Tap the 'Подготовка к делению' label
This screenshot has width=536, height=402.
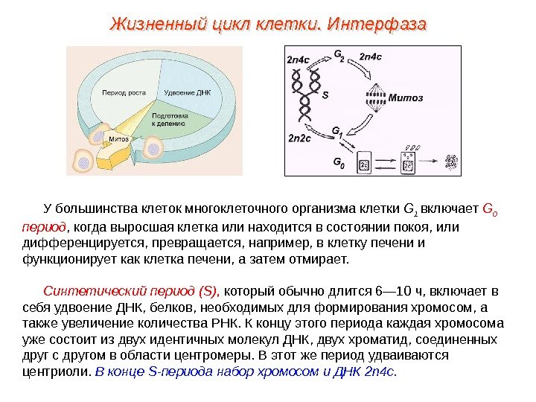click(x=170, y=121)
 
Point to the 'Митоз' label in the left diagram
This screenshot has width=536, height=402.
click(x=119, y=139)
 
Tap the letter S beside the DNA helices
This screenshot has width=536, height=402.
click(x=325, y=95)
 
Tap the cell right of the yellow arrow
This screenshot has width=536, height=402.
click(x=153, y=150)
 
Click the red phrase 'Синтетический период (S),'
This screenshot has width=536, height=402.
click(x=131, y=290)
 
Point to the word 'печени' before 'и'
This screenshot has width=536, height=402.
click(x=392, y=243)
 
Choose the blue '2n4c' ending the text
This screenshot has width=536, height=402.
click(x=382, y=370)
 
